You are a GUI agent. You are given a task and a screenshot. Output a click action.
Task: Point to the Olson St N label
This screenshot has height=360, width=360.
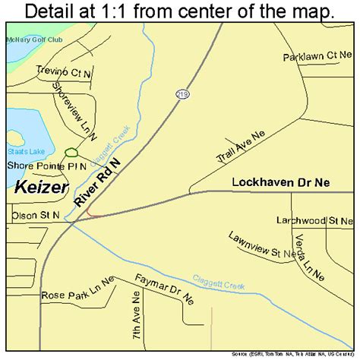pyautogui.click(x=35, y=215)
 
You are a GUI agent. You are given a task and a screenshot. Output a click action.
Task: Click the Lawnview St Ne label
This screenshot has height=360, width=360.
pyautogui.click(x=263, y=248)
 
